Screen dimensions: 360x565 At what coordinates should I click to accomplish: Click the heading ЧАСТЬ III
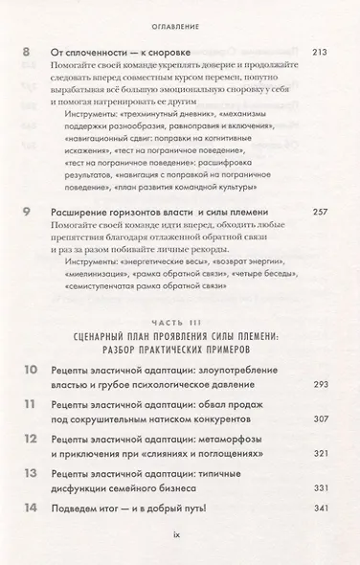(x=180, y=323)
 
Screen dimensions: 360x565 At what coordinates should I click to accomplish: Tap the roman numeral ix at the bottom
(x=180, y=554)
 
